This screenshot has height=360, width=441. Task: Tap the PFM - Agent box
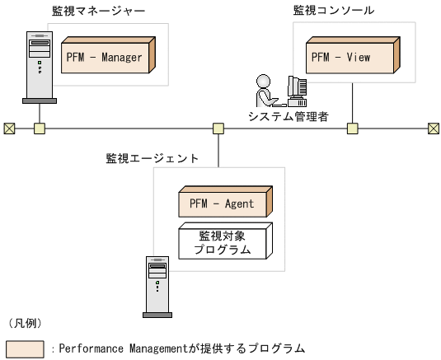point(225,202)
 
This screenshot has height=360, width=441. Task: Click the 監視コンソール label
point(335,11)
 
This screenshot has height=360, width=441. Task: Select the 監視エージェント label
point(152,157)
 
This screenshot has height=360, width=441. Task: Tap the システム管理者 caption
point(289,116)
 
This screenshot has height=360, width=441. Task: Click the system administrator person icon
point(265,91)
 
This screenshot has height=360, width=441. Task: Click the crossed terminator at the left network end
point(9,129)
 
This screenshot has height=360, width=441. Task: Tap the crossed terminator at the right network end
point(433,129)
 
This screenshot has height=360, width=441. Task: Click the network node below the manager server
point(39,129)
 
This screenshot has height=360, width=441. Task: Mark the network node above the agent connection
point(218,129)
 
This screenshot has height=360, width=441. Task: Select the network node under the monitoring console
point(352,129)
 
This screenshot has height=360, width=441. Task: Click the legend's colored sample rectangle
point(25,348)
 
